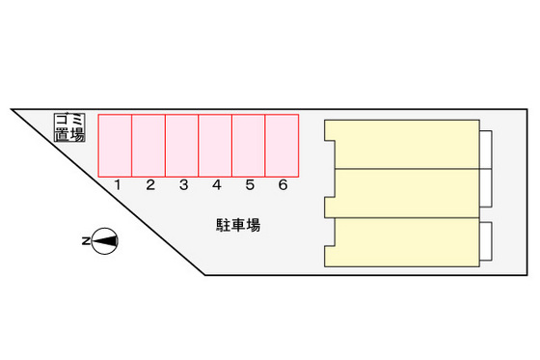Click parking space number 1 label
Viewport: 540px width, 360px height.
[x=117, y=185]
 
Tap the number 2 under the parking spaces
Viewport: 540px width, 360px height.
[x=150, y=185]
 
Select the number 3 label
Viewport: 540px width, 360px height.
[x=183, y=185]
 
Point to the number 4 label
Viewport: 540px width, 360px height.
[x=217, y=185]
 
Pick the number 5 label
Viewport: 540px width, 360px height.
[x=250, y=185]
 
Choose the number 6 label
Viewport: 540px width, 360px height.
[x=283, y=185]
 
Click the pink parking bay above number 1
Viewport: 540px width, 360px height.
[x=116, y=145]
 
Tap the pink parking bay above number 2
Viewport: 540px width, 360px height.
[x=148, y=145]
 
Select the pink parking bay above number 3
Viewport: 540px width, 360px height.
[x=182, y=145]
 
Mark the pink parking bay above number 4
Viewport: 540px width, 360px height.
[x=215, y=145]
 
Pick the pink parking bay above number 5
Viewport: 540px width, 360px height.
[x=249, y=145]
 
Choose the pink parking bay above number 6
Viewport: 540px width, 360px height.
[x=282, y=145]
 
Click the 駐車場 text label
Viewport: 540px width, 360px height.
[x=237, y=226]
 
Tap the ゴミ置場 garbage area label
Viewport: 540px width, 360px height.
[x=69, y=127]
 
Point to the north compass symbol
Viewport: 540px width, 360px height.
[x=106, y=240]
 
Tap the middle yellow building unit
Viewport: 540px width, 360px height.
[x=405, y=193]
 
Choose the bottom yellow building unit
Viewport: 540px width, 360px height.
[x=405, y=242]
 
